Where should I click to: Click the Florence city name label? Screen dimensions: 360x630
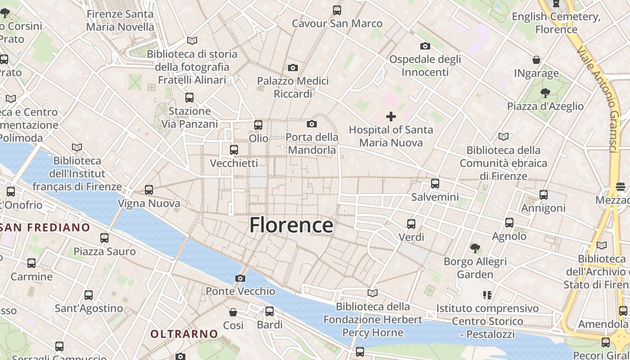click(291, 225)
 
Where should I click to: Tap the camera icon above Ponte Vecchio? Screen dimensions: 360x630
click(240, 278)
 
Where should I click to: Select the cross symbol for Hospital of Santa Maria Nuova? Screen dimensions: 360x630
click(391, 117)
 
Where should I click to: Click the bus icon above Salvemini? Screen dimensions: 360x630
click(435, 184)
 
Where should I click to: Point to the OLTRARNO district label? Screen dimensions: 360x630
click(184, 334)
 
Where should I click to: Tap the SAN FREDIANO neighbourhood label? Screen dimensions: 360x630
click(45, 227)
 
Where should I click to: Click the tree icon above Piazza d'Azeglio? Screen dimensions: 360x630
click(545, 93)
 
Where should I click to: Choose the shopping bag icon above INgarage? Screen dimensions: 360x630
click(536, 60)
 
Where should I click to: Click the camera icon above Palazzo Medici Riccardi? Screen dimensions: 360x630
click(293, 68)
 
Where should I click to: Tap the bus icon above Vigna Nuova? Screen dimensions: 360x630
click(149, 190)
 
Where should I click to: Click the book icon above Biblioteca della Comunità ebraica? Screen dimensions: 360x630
click(503, 136)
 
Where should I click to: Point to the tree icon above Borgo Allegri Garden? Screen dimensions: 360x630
click(475, 248)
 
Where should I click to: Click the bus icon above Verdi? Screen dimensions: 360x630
click(411, 224)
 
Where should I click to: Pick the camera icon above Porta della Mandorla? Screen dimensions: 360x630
click(312, 124)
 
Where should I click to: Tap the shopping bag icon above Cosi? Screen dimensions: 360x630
click(233, 312)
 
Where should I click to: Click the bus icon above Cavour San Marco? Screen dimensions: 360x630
click(337, 10)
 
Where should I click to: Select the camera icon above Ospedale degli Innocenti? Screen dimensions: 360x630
click(425, 46)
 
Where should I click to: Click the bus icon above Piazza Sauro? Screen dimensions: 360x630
click(104, 238)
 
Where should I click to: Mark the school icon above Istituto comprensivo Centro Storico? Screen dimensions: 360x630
click(487, 295)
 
